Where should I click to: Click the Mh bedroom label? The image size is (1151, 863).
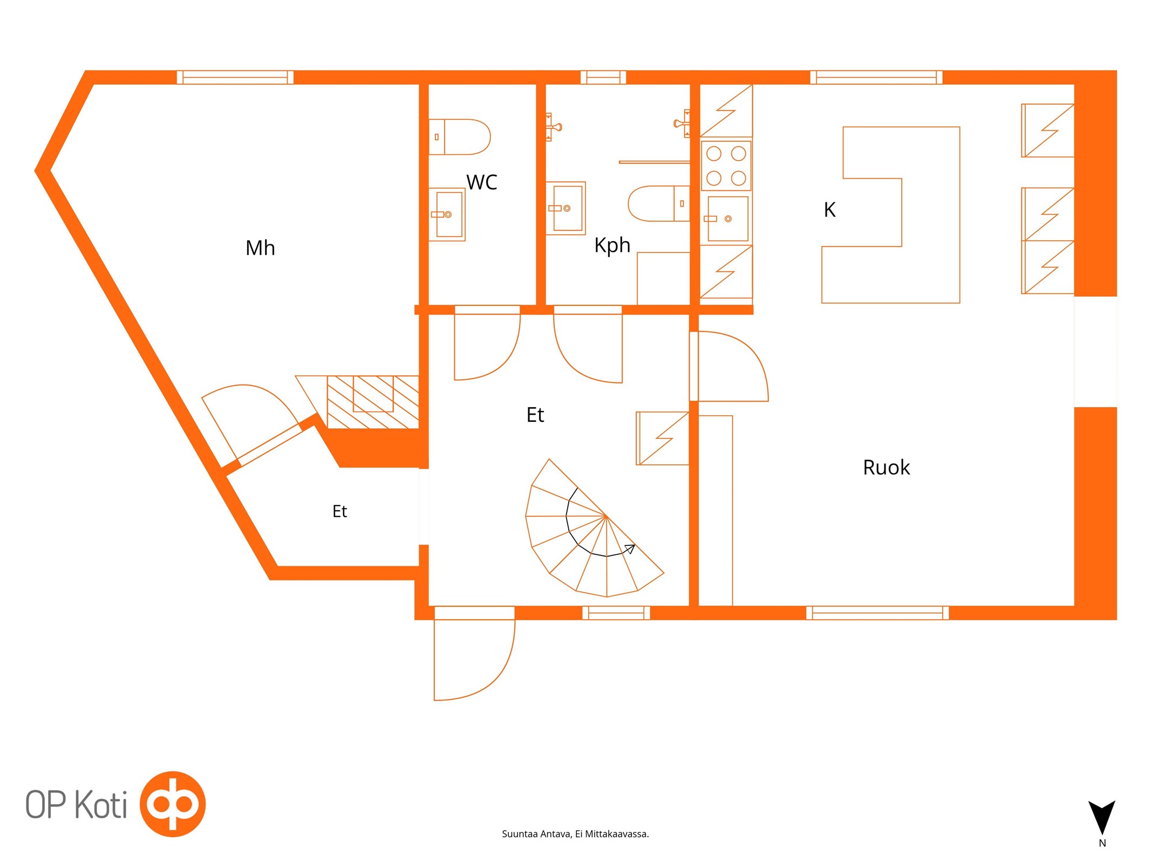pyautogui.click(x=260, y=248)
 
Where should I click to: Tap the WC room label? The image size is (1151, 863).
pyautogui.click(x=481, y=182)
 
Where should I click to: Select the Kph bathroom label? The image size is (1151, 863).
pyautogui.click(x=612, y=245)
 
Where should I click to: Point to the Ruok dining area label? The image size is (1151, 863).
pyautogui.click(x=886, y=467)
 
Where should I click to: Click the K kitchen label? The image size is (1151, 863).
pyautogui.click(x=829, y=209)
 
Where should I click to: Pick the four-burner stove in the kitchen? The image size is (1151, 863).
pyautogui.click(x=726, y=166)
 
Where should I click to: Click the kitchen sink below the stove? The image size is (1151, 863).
pyautogui.click(x=727, y=218)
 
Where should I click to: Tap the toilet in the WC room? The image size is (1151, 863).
pyautogui.click(x=459, y=137)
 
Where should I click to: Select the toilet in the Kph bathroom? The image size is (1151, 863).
pyautogui.click(x=659, y=203)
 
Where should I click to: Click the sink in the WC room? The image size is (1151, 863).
pyautogui.click(x=447, y=214)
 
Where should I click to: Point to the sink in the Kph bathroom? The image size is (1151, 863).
pyautogui.click(x=566, y=208)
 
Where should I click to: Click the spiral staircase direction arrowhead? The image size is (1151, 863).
pyautogui.click(x=630, y=549)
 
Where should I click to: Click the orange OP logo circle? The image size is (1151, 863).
pyautogui.click(x=173, y=804)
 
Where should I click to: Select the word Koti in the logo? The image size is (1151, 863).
pyautogui.click(x=101, y=805)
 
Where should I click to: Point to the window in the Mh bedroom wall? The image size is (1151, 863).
pyautogui.click(x=235, y=77)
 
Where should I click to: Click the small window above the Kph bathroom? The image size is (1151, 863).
pyautogui.click(x=603, y=77)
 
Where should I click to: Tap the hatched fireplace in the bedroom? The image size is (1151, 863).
pyautogui.click(x=373, y=402)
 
